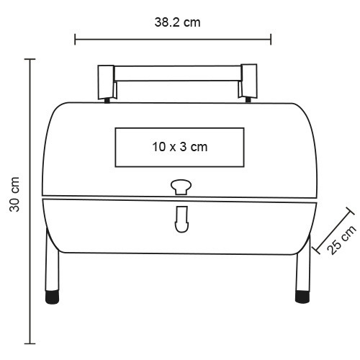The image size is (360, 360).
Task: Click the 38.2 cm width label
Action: pos(177,22)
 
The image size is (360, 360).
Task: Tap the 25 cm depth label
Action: pos(343,240)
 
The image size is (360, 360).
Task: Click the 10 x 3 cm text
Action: pos(179,146)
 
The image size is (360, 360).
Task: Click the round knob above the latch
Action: pos(180,187)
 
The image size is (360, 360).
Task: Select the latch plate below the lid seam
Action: pos(180,219)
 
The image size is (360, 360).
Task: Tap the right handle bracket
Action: pos(248,80)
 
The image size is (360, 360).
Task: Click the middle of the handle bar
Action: pos(177,73)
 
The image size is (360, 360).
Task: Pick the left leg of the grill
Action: pos(52,266)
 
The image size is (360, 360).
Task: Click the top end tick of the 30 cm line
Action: pos(30,60)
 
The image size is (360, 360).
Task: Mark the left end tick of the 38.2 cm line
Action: pos(76,38)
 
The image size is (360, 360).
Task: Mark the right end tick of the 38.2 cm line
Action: pos(271,38)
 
